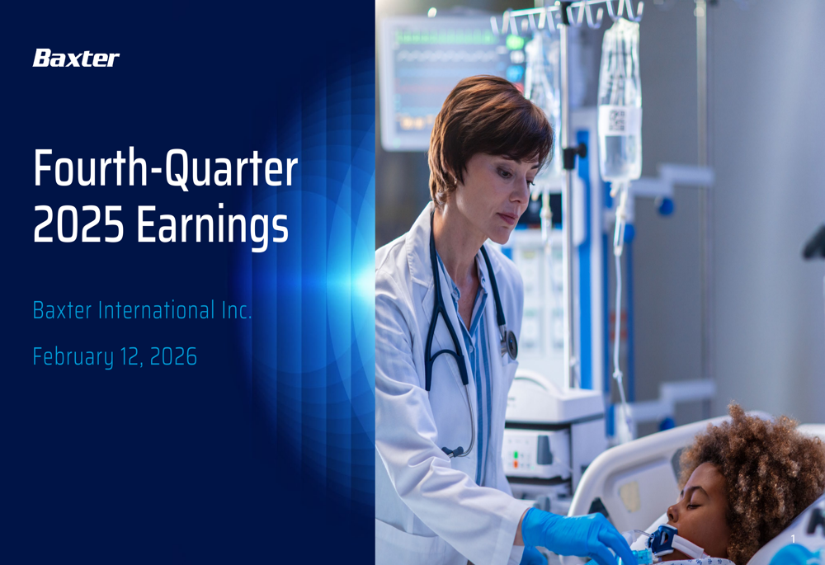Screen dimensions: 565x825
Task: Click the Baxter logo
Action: point(76,58)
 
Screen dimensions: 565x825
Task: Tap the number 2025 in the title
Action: point(78,224)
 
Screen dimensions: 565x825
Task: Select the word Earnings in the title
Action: point(213,226)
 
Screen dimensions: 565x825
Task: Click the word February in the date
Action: point(73,357)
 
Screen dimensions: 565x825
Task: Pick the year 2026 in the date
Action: point(174,356)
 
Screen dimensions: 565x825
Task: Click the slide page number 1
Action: point(793,539)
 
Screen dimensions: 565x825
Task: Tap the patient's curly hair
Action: point(751,462)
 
